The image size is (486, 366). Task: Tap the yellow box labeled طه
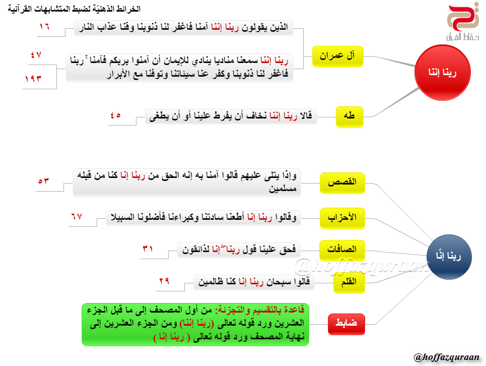pyautogui.click(x=349, y=116)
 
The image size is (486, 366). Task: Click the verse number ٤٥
pyautogui.click(x=115, y=114)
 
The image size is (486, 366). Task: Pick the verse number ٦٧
pyautogui.click(x=76, y=216)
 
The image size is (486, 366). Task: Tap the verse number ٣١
pyautogui.click(x=148, y=248)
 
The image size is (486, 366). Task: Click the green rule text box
pyautogui.click(x=195, y=324)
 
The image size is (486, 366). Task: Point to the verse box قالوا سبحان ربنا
pyautogui.click(x=254, y=282)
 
